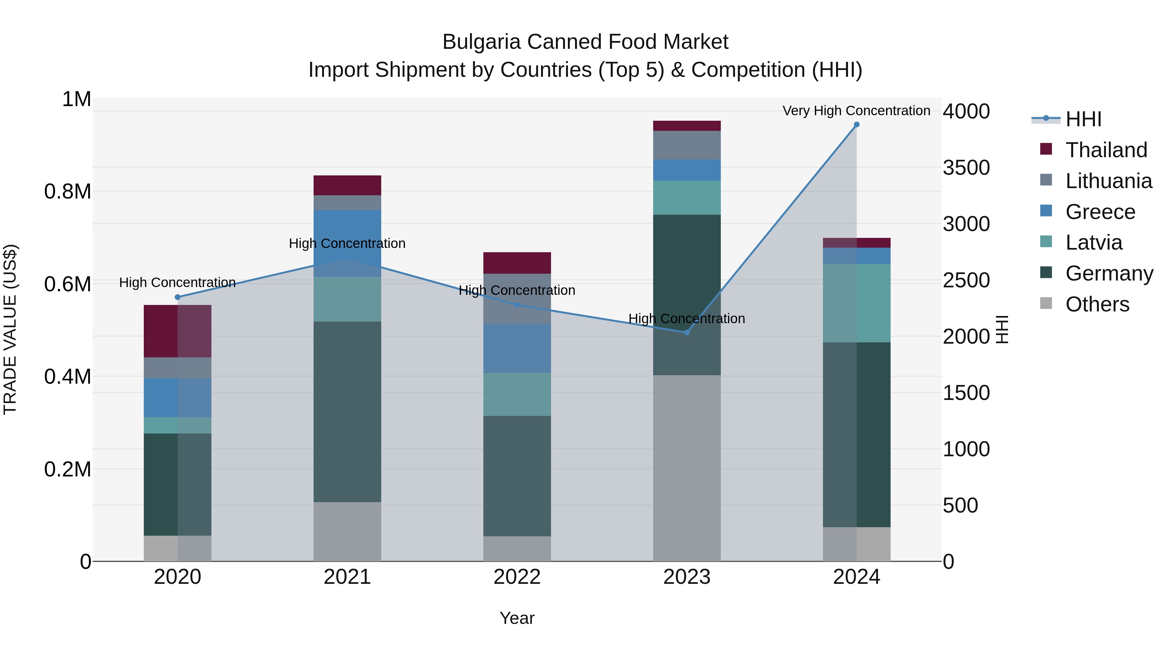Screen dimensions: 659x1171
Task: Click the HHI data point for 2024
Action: click(x=856, y=125)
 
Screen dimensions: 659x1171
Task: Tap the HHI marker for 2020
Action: click(x=178, y=297)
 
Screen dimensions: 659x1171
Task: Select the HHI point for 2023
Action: click(x=687, y=333)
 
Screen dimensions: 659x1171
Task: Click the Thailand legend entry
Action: click(x=1106, y=150)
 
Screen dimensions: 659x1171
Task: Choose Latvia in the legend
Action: click(x=1093, y=242)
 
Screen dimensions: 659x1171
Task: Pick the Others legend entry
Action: click(x=1097, y=304)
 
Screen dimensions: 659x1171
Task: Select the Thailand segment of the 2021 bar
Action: click(x=347, y=185)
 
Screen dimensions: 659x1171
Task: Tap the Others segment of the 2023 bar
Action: click(x=687, y=468)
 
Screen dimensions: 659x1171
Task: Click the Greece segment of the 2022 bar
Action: click(x=517, y=348)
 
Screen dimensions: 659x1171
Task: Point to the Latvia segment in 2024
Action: click(x=856, y=303)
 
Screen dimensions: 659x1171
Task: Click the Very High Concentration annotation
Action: click(x=856, y=111)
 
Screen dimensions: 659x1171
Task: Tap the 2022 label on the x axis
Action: click(x=517, y=577)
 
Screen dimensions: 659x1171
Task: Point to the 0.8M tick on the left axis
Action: click(x=68, y=191)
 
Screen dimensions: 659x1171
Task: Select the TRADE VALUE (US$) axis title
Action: click(x=10, y=329)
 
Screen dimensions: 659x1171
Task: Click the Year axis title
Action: click(x=517, y=618)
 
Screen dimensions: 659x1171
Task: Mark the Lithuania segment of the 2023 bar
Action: click(x=687, y=145)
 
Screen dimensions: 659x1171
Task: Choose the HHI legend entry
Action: click(x=1083, y=119)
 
